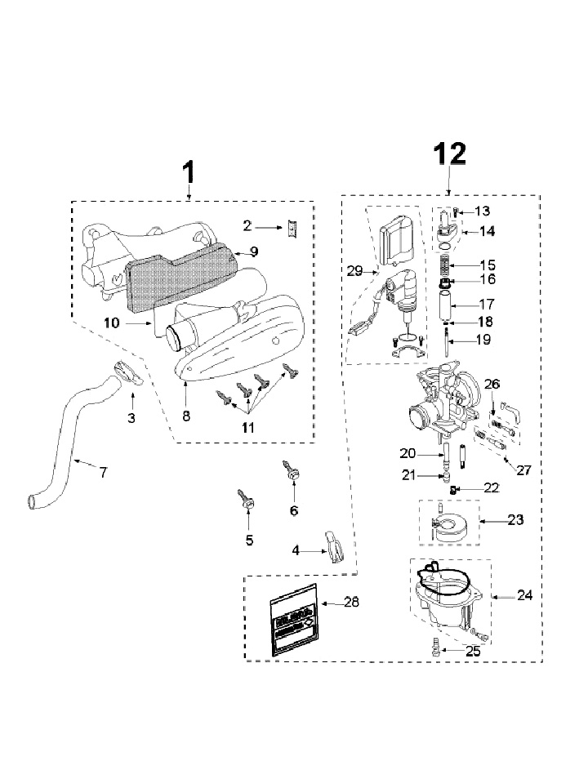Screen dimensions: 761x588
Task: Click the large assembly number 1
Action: tap(189, 173)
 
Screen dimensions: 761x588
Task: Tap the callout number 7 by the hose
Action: tap(103, 473)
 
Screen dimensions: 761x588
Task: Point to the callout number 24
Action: tap(525, 596)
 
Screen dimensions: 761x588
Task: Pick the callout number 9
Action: tap(254, 251)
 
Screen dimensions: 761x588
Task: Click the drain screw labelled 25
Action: tap(434, 649)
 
